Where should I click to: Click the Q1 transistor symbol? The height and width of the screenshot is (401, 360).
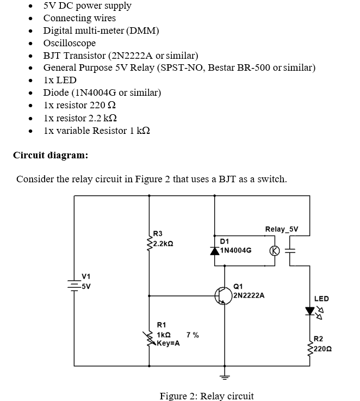[x=224, y=295]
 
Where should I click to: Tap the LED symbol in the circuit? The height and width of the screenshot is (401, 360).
[x=310, y=311]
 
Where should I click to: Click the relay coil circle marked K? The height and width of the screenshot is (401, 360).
[x=275, y=251]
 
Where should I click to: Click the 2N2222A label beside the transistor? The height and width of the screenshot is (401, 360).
[x=249, y=295]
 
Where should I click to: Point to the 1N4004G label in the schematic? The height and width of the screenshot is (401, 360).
[x=236, y=251]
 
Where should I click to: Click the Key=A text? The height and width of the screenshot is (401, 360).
[x=168, y=344]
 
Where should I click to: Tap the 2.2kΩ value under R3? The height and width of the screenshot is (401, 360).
[x=163, y=243]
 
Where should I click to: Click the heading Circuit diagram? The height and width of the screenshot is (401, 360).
[x=50, y=155]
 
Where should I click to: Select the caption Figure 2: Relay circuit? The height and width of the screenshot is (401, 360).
[x=206, y=396]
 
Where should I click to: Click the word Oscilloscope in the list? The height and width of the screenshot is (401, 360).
[x=69, y=43]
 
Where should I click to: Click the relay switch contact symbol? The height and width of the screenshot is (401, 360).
[x=290, y=251]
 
